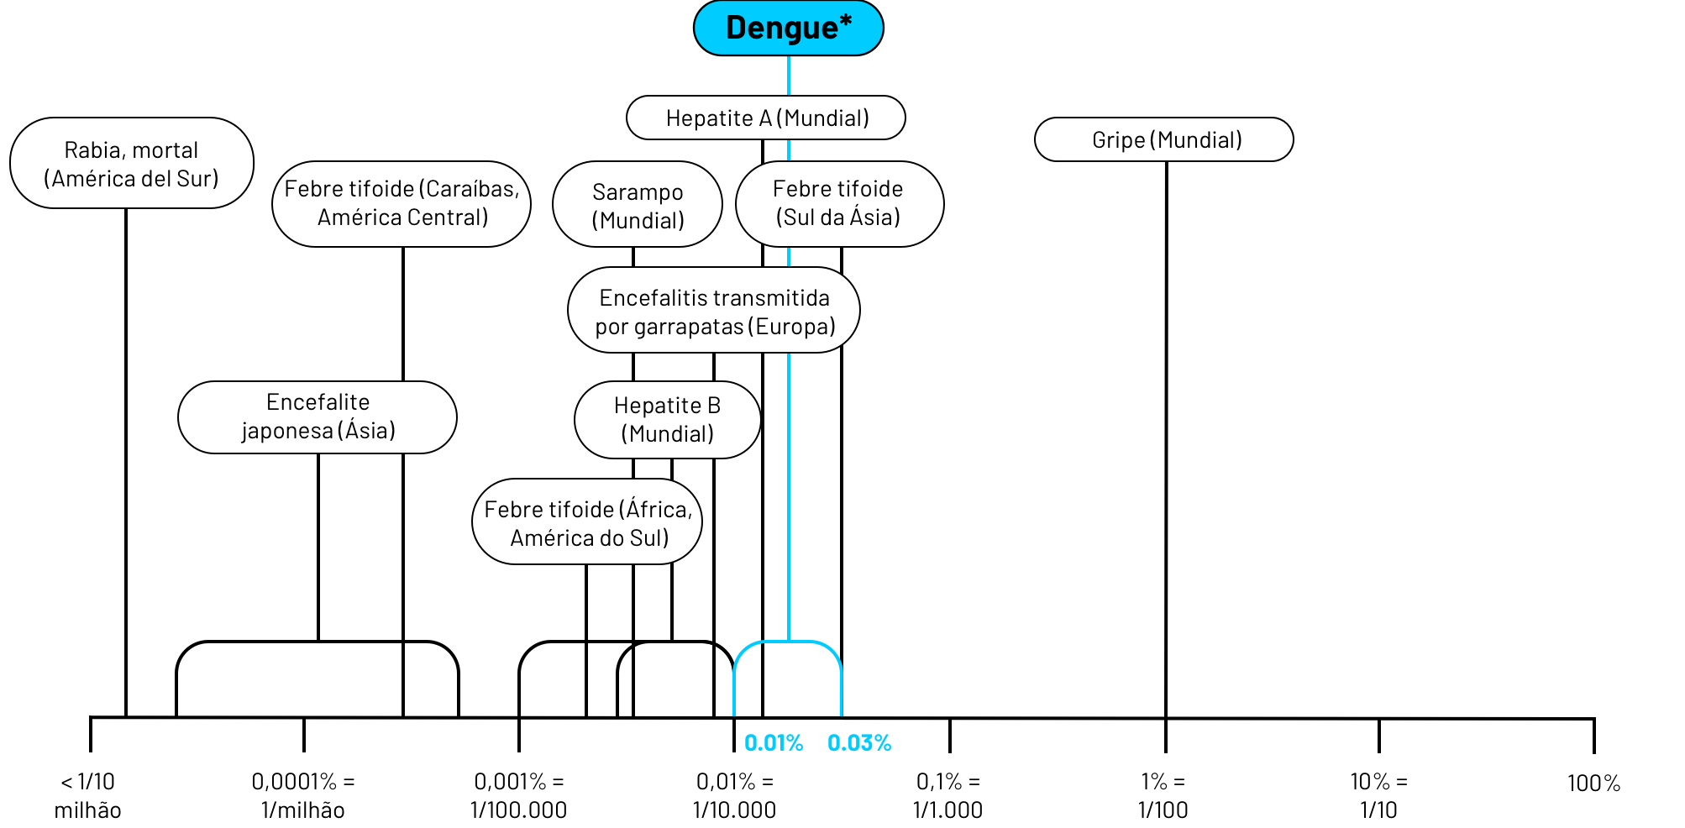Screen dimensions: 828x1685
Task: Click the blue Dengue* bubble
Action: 788,28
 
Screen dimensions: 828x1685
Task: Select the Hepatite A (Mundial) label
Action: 766,118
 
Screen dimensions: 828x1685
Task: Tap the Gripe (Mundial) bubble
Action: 1164,140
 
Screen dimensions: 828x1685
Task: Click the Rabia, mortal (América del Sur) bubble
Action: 132,164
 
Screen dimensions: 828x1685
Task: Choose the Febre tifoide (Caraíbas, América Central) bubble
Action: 402,204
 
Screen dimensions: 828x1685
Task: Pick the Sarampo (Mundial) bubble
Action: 638,206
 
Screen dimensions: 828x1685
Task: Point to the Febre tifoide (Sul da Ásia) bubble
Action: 838,204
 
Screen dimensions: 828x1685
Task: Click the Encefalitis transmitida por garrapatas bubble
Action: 714,311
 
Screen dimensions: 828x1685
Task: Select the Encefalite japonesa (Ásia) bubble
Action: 318,417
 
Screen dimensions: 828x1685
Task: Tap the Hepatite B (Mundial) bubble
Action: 667,420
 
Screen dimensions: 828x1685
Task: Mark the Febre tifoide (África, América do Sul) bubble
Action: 587,522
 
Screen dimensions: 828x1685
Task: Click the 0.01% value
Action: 774,743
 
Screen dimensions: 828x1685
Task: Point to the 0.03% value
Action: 859,743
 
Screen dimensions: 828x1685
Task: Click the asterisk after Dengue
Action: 845,21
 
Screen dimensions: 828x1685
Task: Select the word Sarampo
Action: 638,192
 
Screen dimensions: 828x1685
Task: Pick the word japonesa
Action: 287,431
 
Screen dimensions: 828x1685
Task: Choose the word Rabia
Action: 92,150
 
